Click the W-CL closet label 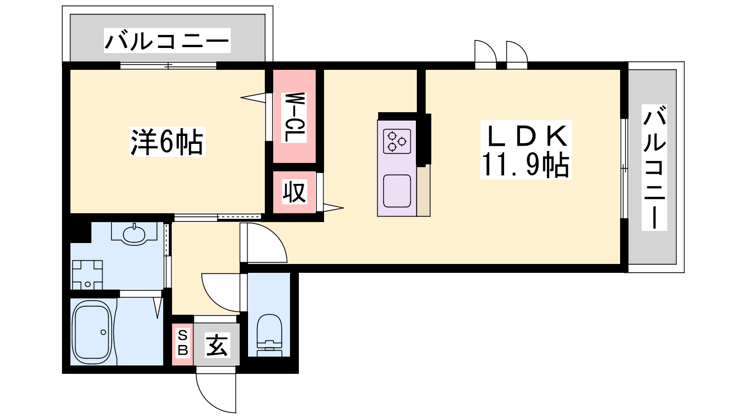tap(294, 117)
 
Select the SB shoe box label tap(183, 343)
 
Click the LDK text tap(526, 136)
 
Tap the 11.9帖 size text tap(525, 165)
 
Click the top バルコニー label tap(167, 41)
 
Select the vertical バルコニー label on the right tap(655, 167)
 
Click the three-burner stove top tap(397, 142)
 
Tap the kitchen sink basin tap(397, 191)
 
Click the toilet tap(269, 335)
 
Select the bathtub tap(92, 332)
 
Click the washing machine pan tap(87, 275)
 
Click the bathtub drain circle tap(103, 332)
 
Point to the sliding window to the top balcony tap(168, 66)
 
